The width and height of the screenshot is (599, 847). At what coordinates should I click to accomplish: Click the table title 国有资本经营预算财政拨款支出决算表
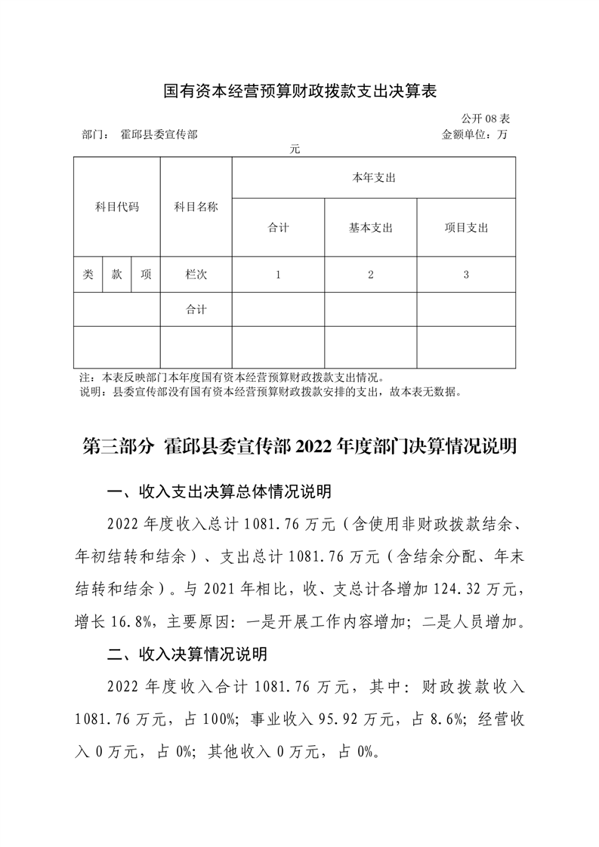coord(301,92)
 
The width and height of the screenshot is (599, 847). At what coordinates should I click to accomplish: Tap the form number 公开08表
coord(488,119)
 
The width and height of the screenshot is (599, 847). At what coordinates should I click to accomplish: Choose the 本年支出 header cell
coord(374,178)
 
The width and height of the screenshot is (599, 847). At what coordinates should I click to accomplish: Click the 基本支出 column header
coord(370,228)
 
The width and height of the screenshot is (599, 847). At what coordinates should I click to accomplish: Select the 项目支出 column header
coord(466,228)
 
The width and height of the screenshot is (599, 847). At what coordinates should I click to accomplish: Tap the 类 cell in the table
coord(88,275)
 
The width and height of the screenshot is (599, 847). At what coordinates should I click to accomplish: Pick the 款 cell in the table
coord(117,275)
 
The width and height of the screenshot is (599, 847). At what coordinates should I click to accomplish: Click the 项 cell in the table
coord(146,275)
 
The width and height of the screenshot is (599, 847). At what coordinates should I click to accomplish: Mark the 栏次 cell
coord(196,275)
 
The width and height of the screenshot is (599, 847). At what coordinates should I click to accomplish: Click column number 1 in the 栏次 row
coord(278,275)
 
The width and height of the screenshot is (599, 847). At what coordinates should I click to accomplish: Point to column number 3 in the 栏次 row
coord(466,275)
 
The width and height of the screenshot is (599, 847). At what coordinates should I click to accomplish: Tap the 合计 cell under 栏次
coord(196,310)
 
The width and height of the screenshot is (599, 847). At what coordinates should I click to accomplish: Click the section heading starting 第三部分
coord(299,447)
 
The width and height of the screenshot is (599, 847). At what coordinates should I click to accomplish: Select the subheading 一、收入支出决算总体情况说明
coord(220,493)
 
